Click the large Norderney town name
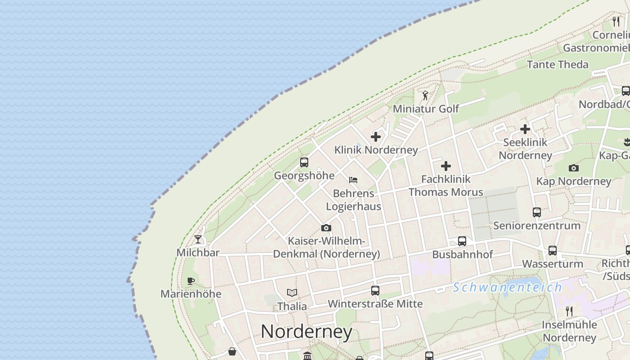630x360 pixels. click(x=306, y=332)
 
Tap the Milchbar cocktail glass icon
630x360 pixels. click(x=198, y=239)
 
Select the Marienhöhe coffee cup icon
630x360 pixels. click(x=191, y=281)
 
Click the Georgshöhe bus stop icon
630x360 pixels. click(x=304, y=162)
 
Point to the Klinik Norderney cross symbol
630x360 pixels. click(x=376, y=137)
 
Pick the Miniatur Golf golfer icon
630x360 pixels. click(x=425, y=95)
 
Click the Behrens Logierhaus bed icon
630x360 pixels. click(x=353, y=180)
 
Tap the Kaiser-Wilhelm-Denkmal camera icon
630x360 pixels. click(x=326, y=228)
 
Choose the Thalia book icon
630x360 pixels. click(x=292, y=293)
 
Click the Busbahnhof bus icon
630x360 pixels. click(x=462, y=241)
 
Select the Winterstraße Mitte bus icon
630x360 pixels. click(x=375, y=291)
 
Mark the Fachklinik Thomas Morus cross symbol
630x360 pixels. click(x=446, y=166)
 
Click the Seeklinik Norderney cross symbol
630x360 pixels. click(x=525, y=130)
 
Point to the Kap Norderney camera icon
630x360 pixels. click(x=574, y=168)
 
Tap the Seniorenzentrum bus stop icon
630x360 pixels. click(x=537, y=212)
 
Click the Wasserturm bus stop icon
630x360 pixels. click(x=553, y=251)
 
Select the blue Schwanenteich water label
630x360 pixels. click(x=507, y=287)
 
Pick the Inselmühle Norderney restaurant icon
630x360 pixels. click(x=569, y=311)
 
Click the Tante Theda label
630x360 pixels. click(x=558, y=64)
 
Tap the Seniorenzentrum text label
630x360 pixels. click(x=537, y=225)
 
